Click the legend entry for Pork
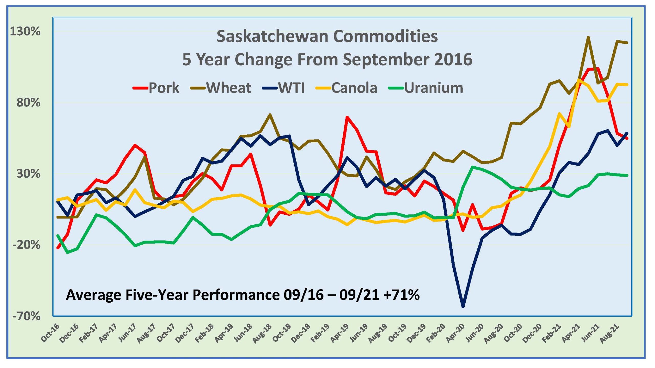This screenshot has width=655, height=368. click(156, 88)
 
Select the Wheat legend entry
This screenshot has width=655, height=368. click(221, 88)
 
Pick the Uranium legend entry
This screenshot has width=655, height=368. click(426, 88)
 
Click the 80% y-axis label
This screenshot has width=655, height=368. click(28, 102)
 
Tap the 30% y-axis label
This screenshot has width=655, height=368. click(28, 174)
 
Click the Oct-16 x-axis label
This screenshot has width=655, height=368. click(51, 333)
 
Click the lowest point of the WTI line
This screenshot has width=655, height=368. click(463, 307)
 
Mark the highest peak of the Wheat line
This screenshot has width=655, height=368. click(588, 37)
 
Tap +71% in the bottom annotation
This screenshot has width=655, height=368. click(402, 295)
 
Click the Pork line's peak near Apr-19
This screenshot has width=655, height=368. click(347, 117)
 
